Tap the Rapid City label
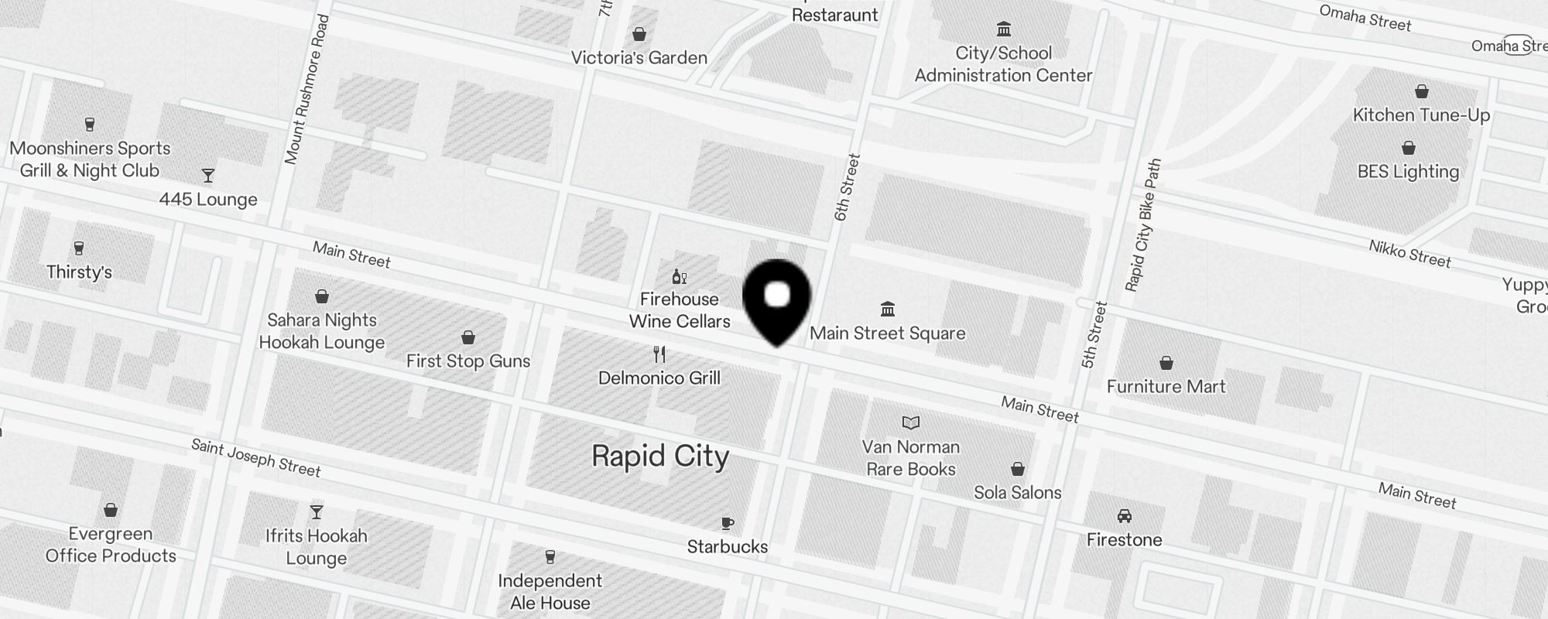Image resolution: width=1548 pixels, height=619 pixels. [660, 457]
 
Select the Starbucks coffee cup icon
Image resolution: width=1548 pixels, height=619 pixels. [727, 524]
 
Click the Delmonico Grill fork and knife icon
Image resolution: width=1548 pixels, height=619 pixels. [659, 354]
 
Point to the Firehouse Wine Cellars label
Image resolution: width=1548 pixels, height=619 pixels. [680, 310]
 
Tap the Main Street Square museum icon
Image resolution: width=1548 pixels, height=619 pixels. [888, 309]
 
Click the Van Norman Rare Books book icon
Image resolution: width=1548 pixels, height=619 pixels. [911, 422]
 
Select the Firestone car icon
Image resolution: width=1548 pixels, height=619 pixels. [1124, 516]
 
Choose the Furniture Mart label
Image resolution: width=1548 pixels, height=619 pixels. [1166, 387]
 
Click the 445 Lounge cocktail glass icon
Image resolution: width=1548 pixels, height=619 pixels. [207, 176]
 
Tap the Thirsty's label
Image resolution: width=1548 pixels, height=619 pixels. [79, 272]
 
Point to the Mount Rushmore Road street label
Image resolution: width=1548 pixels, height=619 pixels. [307, 90]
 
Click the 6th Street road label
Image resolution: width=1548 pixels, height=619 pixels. [848, 187]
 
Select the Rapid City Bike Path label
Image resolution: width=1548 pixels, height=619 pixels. [1144, 225]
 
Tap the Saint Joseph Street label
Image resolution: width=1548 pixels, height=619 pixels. [255, 457]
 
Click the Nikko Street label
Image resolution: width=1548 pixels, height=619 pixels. [1409, 254]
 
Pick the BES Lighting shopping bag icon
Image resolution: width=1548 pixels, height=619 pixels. [1409, 148]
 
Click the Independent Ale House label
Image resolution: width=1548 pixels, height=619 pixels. [550, 592]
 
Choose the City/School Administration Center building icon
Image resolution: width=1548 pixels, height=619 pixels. [1004, 29]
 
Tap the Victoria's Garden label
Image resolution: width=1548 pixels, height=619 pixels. [639, 58]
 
